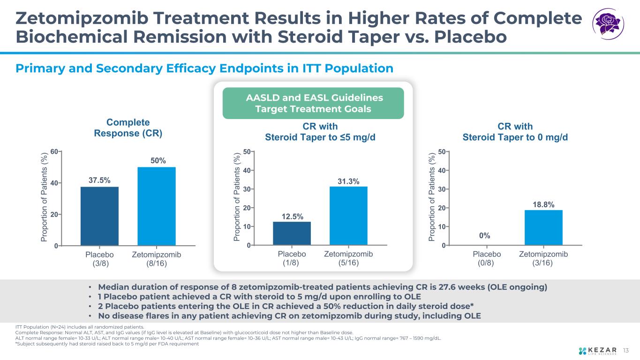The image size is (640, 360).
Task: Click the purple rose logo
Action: point(609,24)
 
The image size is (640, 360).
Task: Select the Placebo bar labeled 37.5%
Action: point(99,216)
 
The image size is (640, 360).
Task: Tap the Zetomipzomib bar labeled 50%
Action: point(156,206)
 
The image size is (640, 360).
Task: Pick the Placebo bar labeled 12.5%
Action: point(292,233)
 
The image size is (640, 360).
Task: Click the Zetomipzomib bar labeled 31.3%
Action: point(348,216)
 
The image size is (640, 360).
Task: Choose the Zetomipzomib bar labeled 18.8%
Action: point(543,227)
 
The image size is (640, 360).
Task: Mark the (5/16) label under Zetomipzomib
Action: point(348,263)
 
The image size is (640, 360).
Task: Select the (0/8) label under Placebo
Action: point(487,263)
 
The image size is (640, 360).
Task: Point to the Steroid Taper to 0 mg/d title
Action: point(515,137)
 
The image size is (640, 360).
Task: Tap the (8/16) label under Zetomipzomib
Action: point(156,263)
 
